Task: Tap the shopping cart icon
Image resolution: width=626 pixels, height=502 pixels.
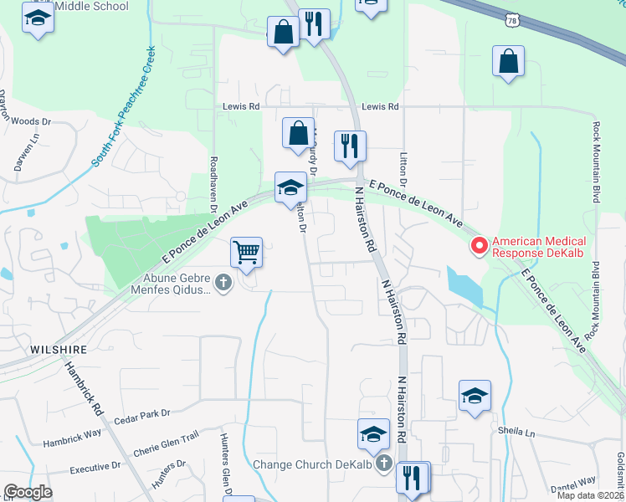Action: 247,252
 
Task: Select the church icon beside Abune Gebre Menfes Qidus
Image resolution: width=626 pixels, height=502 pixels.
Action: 223,283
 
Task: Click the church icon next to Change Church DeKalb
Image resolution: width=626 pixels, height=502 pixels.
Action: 383,463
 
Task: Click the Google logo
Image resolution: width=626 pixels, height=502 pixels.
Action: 28,492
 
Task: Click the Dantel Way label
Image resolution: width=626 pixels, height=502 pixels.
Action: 573,481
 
